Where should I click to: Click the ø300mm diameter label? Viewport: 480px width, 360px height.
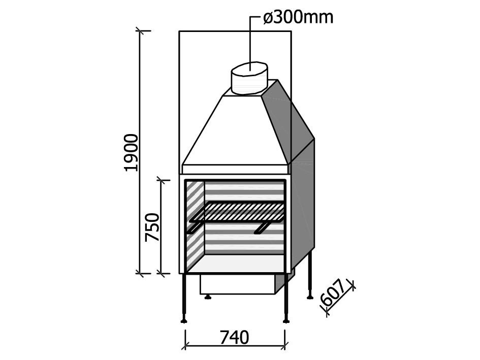click(x=298, y=18)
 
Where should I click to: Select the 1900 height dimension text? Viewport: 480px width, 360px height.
click(x=132, y=152)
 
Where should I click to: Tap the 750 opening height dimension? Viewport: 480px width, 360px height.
click(x=152, y=227)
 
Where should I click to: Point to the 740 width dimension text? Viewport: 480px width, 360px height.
click(x=234, y=338)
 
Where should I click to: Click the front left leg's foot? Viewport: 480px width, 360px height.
click(x=184, y=320)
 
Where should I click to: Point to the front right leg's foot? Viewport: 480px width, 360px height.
click(x=286, y=320)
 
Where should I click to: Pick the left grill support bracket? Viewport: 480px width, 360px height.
click(x=195, y=228)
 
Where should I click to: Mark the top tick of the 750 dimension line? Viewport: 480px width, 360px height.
click(x=162, y=180)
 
